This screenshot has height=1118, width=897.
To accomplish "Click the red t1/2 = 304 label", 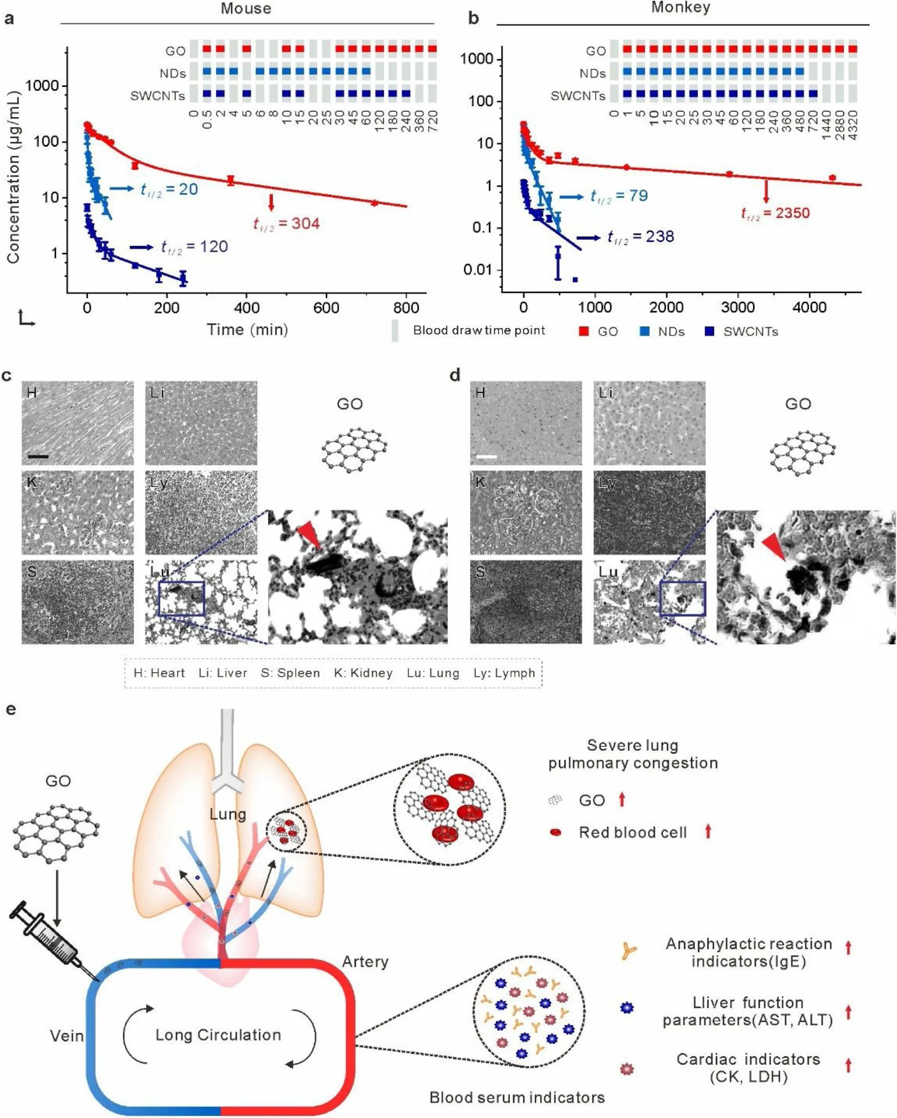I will pos(286,224).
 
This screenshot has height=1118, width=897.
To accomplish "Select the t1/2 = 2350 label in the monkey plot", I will pos(775,213).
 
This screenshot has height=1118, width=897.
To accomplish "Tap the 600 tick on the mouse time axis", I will pos(326,308).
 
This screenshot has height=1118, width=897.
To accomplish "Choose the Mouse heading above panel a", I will pos(246,9).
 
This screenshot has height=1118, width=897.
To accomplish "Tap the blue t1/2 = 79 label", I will pos(619,196).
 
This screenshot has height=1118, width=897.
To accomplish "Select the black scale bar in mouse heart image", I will pos(38,457).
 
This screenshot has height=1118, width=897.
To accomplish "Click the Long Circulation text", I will pos(218,1035).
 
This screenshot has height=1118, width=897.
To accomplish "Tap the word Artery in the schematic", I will pos(365,962).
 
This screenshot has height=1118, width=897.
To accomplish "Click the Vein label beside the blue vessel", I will pos(66,1036).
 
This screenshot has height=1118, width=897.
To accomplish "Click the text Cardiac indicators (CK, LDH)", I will pos(748,1068).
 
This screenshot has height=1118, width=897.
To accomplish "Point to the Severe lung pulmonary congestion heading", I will pos(633,754).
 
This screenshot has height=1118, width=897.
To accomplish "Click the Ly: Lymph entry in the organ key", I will pos(504,673).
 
